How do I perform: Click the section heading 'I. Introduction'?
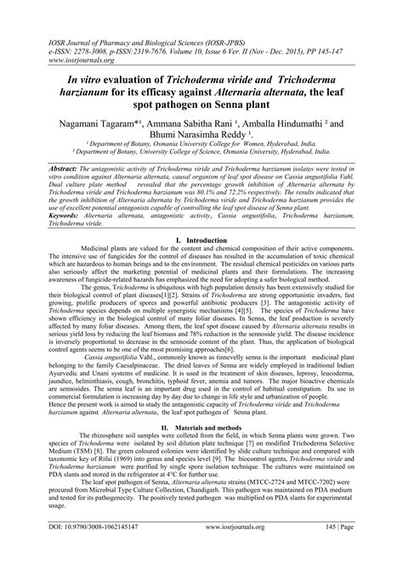(x=201, y=241)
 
